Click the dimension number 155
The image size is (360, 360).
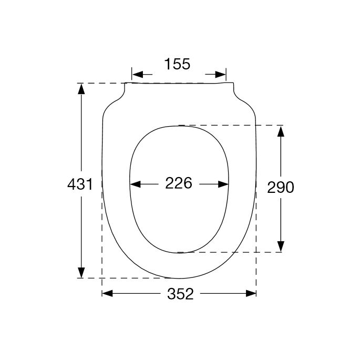tap(177, 64)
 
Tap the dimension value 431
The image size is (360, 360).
tap(80, 184)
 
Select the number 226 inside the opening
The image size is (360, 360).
tap(179, 183)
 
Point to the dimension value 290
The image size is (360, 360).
tap(281, 188)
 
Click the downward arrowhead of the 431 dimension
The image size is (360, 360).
tap(81, 272)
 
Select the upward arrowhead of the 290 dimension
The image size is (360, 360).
tap(281, 132)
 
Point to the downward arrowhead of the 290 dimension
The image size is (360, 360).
tap(281, 245)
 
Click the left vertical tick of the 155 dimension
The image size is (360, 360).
tap(131, 74)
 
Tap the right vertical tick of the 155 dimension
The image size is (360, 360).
tap(226, 74)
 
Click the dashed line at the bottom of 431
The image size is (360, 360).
tap(126, 278)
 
